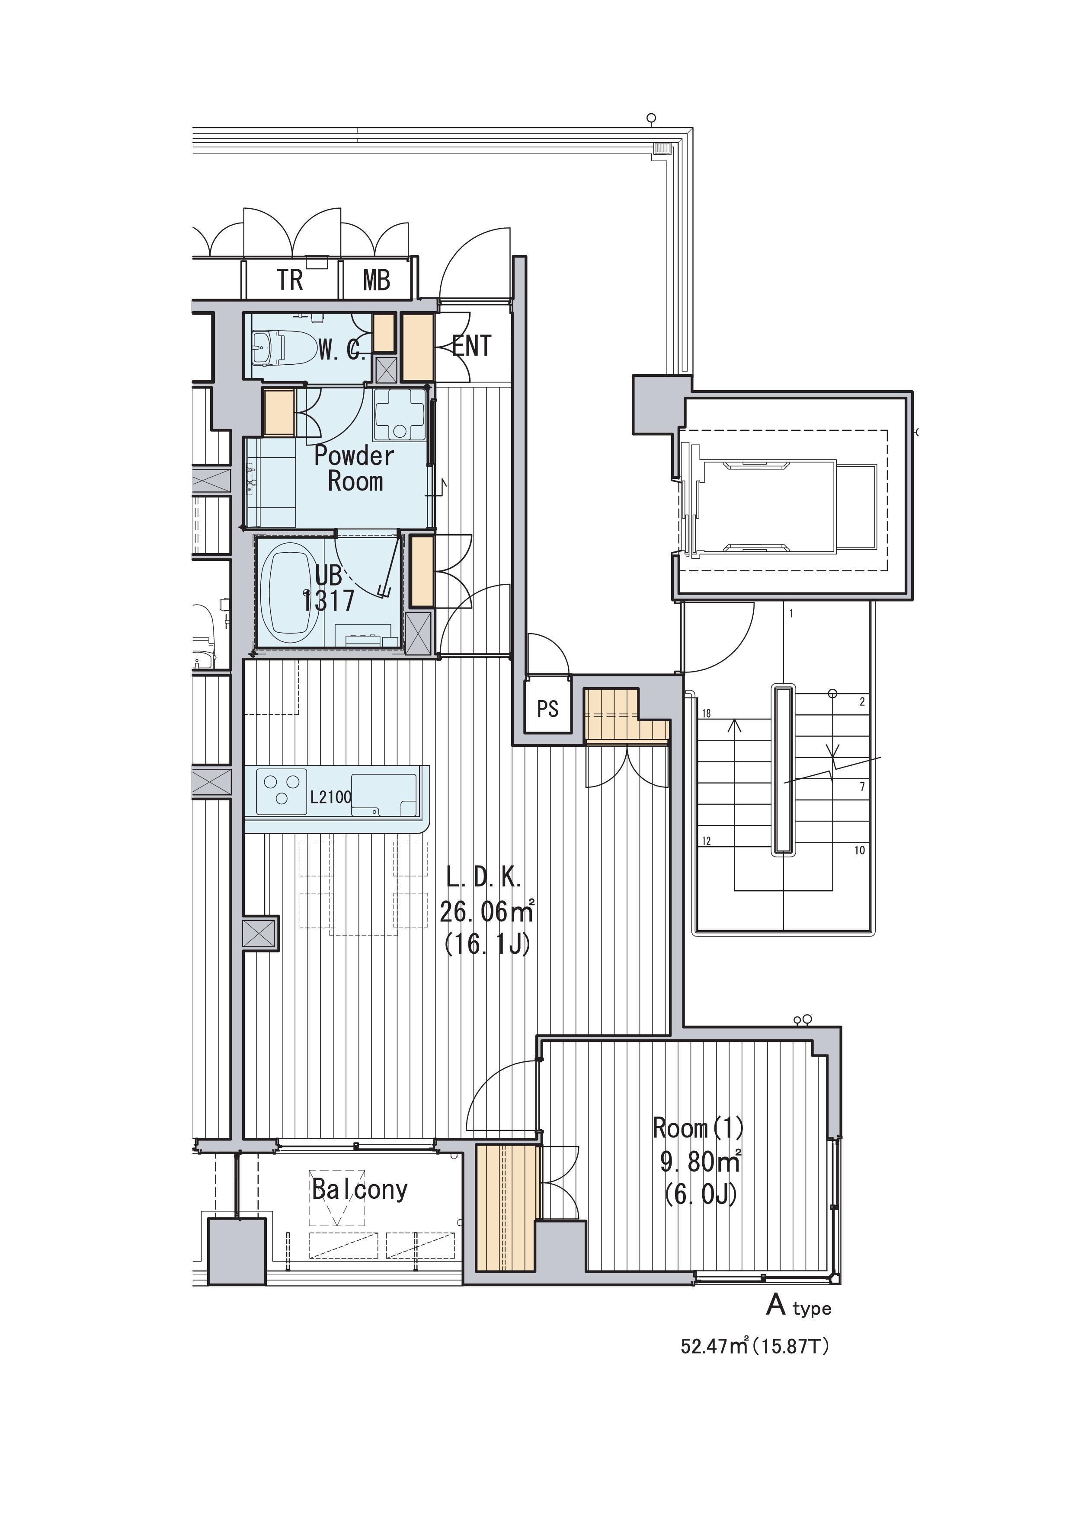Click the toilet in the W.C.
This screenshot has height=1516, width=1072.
[x=285, y=348]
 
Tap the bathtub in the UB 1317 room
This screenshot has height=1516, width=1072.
[x=294, y=593]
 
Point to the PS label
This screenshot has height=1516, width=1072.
[x=547, y=709]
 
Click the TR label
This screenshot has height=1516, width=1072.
[x=290, y=280]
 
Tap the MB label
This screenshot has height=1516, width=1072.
[x=377, y=280]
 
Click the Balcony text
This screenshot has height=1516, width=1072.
[x=360, y=1189]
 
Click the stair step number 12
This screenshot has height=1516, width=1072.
[x=707, y=841]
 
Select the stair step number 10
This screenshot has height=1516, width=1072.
[x=860, y=850]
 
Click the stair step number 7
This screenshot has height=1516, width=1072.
[x=863, y=787]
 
